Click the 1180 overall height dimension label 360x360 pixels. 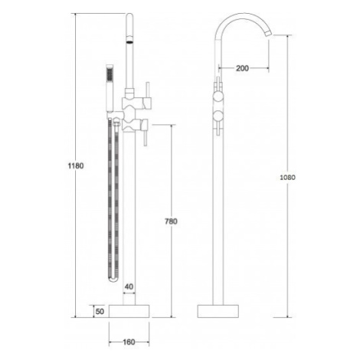76,165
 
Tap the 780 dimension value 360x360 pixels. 171,221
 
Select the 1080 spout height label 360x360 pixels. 287,177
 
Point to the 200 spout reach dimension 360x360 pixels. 242,68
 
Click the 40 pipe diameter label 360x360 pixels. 129,286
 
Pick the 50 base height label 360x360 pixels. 100,311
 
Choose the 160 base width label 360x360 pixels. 129,342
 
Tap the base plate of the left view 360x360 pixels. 129,311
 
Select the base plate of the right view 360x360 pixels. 218,311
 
